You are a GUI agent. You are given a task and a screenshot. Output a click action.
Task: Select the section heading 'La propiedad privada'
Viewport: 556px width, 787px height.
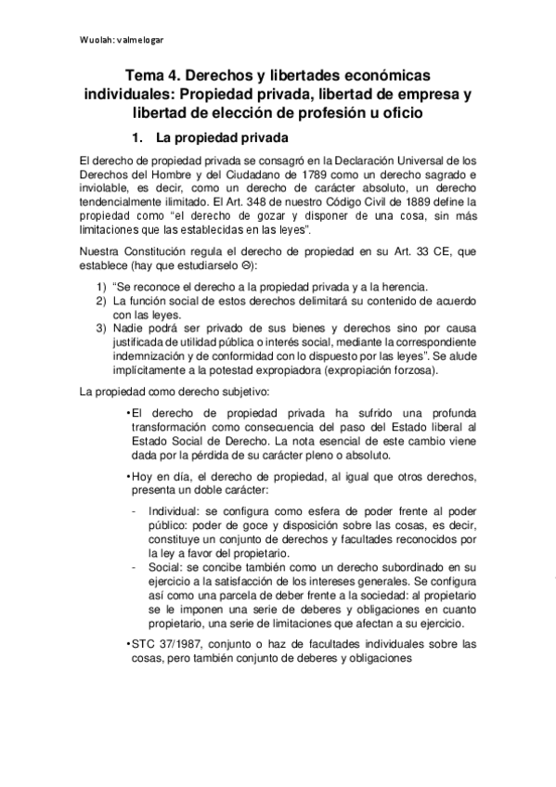(x=217, y=139)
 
